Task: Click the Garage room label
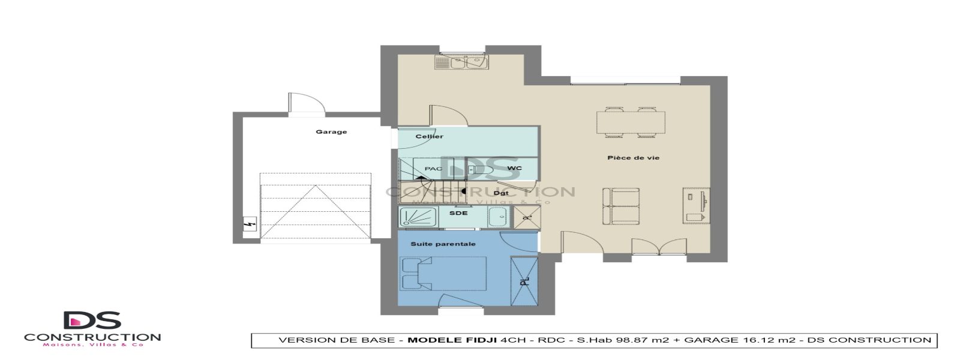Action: pyautogui.click(x=331, y=132)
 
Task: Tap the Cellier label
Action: pyautogui.click(x=430, y=137)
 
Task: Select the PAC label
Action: pyautogui.click(x=433, y=169)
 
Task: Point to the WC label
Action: pyautogui.click(x=514, y=169)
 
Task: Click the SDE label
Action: pyautogui.click(x=458, y=213)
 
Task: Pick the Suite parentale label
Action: pyautogui.click(x=443, y=244)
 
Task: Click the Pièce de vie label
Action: pyautogui.click(x=633, y=158)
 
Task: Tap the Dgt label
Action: pyautogui.click(x=501, y=193)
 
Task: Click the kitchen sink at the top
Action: pyautogui.click(x=461, y=62)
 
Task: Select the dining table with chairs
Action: pyautogui.click(x=631, y=122)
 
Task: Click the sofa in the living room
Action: pyautogui.click(x=621, y=206)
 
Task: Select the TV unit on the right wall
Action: pyautogui.click(x=696, y=206)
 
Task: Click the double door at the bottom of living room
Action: pyautogui.click(x=659, y=247)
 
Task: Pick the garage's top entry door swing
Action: pyautogui.click(x=306, y=103)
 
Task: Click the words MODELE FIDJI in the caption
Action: pyautogui.click(x=452, y=340)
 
